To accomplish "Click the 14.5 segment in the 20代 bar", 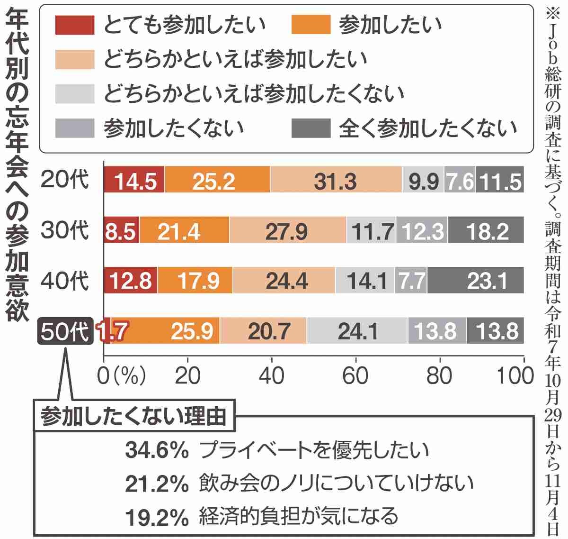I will pos(134,180).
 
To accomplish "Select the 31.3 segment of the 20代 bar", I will pos(336,180).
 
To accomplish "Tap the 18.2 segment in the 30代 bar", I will pos(486,230).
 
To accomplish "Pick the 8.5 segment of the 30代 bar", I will pos(121,230).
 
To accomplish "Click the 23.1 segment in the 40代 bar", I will pos(476,281).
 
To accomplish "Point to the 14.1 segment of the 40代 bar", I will pos(365,281).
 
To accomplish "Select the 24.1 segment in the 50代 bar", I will pos(357,331).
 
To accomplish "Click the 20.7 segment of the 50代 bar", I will pos(263,331).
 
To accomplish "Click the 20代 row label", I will pos(65,180).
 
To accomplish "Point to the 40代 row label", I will pos(65,281).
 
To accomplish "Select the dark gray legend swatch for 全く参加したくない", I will pos(311,128).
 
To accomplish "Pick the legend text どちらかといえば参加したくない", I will pos(254,94).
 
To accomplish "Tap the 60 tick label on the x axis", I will pos(355,376).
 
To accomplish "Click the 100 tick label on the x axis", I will pos(515,376).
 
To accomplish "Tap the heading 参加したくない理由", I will pos(134,417).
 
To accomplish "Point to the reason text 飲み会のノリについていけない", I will pos(337,483).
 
